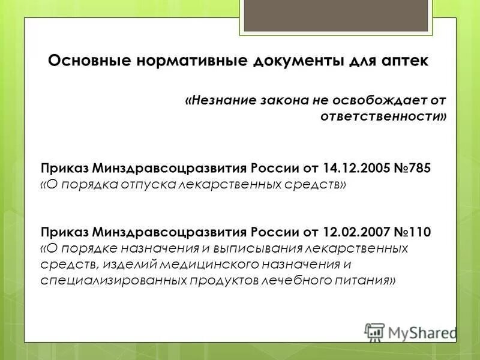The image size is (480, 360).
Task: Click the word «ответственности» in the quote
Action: coord(384,116)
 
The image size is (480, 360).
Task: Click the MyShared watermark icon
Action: coord(374,332)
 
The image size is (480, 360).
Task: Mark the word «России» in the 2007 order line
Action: coord(274,232)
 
